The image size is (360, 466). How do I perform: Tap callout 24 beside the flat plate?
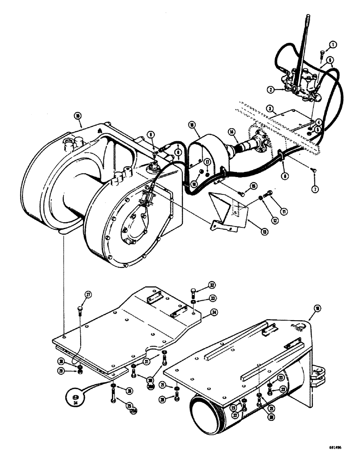(213, 312)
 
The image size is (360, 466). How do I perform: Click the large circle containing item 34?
(74, 397)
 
